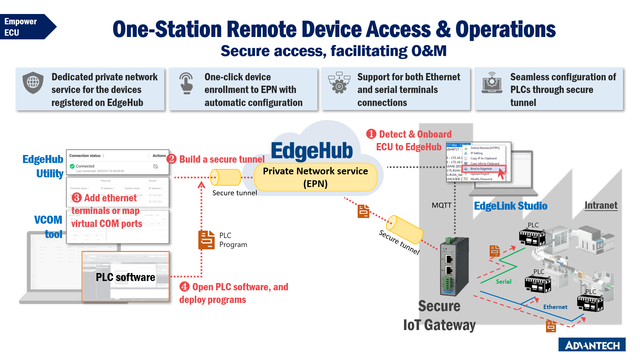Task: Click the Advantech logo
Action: coord(592,345)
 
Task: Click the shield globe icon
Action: coord(33,82)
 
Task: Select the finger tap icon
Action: coord(186,83)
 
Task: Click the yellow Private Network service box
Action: coord(315,177)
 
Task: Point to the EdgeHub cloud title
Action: coord(312,151)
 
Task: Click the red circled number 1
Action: coord(371,134)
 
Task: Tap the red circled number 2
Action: coord(171,159)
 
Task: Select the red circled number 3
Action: coord(76,198)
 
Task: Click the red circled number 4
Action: coord(184,287)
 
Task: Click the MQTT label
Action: coord(441,205)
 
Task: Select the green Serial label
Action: coord(503,282)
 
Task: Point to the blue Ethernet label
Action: coord(555,307)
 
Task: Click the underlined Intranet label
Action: coord(601,205)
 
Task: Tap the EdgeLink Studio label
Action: coord(510,206)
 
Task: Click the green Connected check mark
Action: coord(72,166)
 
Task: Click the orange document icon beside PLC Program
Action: coord(206,240)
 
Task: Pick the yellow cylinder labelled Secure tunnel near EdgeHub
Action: coord(226,177)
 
